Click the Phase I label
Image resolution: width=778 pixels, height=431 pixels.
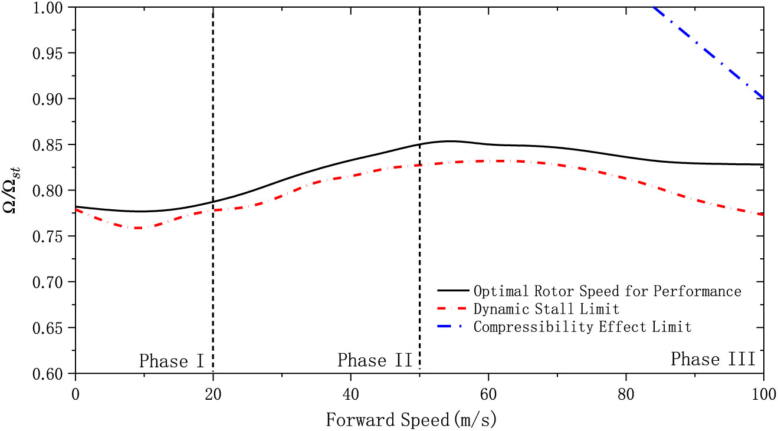pyautogui.click(x=172, y=360)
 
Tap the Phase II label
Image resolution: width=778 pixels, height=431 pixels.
pyautogui.click(x=375, y=360)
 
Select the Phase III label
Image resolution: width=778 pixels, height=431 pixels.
pyautogui.click(x=713, y=359)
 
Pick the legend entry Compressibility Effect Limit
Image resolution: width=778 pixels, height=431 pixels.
pyautogui.click(x=582, y=326)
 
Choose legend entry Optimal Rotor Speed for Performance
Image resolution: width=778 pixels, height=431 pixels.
pyautogui.click(x=607, y=291)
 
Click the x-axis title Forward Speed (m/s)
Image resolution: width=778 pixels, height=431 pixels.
pyautogui.click(x=412, y=420)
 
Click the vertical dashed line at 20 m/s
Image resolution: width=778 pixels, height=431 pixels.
pyautogui.click(x=213, y=265)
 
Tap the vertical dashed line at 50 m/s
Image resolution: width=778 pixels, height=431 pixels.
pyautogui.click(x=419, y=265)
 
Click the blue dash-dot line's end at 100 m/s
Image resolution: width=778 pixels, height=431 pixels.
pyautogui.click(x=763, y=98)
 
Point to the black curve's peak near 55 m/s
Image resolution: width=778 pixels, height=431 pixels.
pyautogui.click(x=449, y=141)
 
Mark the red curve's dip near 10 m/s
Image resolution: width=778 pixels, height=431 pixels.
pyautogui.click(x=138, y=228)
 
